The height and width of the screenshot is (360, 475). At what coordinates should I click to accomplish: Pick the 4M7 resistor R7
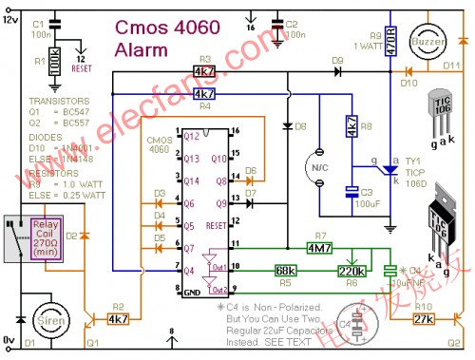point(319,249)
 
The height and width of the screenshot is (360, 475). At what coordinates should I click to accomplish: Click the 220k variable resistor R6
point(353,270)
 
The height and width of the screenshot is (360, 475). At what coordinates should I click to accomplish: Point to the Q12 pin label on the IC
point(192,137)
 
